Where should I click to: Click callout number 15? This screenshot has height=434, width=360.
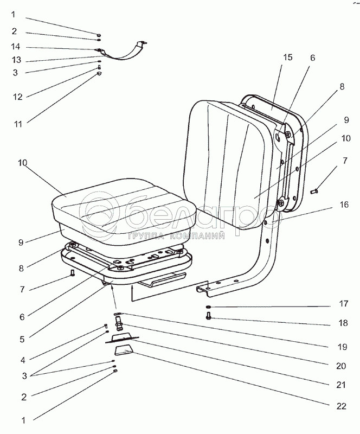288,58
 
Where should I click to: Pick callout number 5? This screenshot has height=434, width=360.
23,340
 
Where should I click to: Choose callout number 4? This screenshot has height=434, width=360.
23,359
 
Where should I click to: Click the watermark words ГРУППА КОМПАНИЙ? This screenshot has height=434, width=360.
176,236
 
